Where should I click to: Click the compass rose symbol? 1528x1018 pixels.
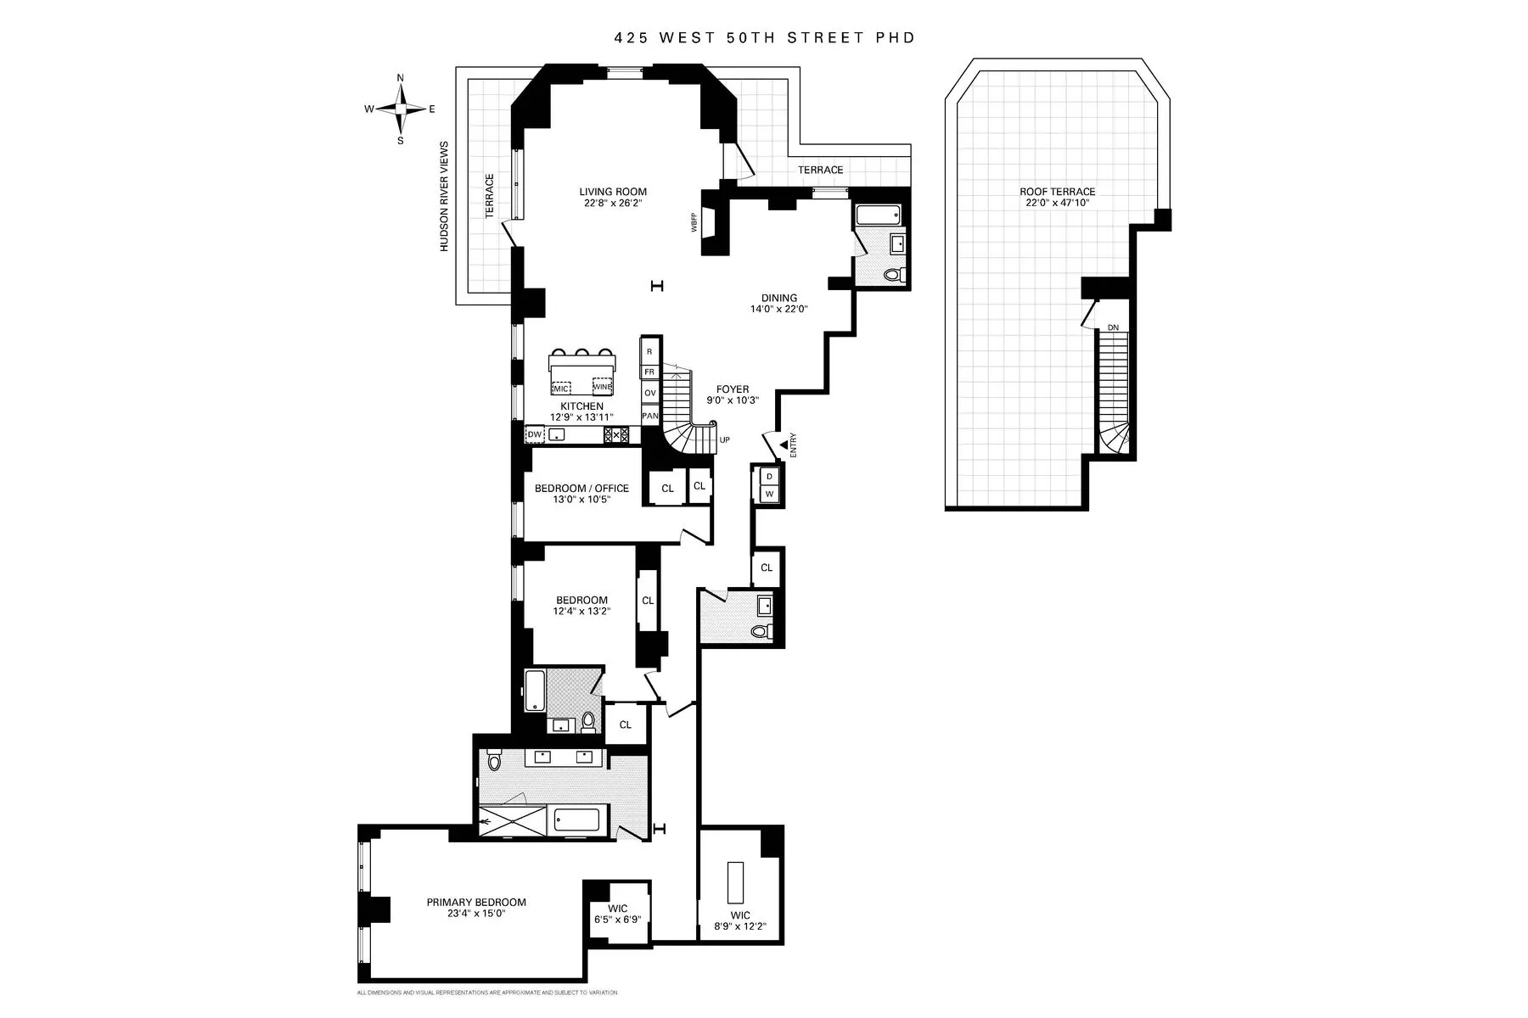pos(401,109)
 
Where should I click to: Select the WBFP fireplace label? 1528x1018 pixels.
pos(694,222)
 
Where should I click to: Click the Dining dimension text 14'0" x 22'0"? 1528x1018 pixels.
pos(778,310)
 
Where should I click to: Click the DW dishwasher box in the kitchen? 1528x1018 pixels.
pos(535,435)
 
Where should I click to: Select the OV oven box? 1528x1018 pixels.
pos(650,393)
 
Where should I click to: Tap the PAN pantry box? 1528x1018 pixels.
pos(650,416)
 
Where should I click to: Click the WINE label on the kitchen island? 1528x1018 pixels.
pos(603,387)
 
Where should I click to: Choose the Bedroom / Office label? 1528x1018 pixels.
pos(581,489)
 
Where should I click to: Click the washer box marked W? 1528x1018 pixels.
pos(770,494)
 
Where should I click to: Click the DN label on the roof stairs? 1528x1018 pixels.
pos(1113,328)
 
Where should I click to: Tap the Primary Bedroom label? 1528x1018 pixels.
pos(476,903)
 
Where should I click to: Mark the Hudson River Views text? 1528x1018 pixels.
pos(444,197)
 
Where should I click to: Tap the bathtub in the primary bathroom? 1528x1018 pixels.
pos(577,819)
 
